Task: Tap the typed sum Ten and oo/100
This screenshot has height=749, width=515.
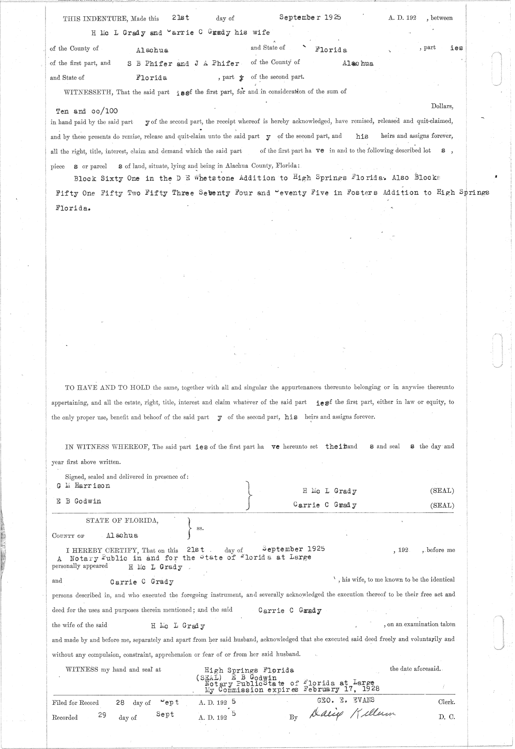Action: [x=87, y=111]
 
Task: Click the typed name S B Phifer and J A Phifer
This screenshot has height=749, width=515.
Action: [x=183, y=64]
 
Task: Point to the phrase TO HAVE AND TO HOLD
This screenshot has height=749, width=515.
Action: [x=107, y=388]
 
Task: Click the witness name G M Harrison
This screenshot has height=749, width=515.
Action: [x=83, y=486]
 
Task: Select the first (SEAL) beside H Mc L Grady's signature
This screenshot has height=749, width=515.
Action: [x=442, y=491]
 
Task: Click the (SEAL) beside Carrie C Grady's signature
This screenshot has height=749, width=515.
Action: [x=442, y=506]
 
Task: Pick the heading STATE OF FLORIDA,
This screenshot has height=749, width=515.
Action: [x=122, y=521]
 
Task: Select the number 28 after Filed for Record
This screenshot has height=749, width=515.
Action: [x=120, y=703]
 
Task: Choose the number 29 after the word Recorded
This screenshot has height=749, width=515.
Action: [x=102, y=716]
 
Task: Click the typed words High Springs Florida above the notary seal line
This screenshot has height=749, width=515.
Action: [x=249, y=670]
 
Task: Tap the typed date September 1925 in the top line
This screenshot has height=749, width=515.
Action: [x=310, y=18]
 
